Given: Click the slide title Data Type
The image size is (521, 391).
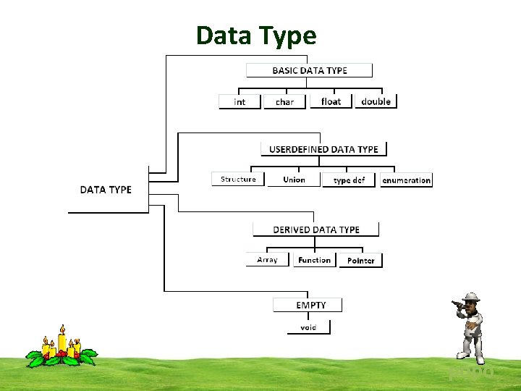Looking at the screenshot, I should click(x=256, y=35).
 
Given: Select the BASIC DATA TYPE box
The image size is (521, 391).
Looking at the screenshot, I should click(x=309, y=70).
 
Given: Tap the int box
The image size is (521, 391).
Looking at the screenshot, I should click(x=240, y=101).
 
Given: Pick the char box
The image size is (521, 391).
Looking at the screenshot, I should click(x=284, y=101).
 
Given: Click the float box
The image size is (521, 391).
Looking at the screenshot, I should click(x=331, y=101).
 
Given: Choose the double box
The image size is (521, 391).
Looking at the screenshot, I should click(x=376, y=101).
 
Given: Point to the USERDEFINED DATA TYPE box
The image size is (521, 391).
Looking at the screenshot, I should click(x=323, y=149).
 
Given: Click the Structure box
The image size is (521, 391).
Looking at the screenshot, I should click(x=238, y=179).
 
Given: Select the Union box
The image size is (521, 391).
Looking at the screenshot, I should click(x=294, y=180).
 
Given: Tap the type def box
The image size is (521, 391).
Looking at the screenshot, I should click(x=349, y=180).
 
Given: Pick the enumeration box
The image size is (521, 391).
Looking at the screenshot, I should click(x=406, y=180).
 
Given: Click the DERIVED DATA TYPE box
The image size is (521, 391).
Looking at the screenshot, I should click(x=315, y=230).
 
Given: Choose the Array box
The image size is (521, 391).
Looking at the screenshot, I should click(x=267, y=259).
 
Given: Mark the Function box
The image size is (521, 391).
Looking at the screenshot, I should click(x=314, y=260).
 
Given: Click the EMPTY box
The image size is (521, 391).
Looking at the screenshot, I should click(x=308, y=305).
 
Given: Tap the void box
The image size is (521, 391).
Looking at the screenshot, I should click(x=308, y=327).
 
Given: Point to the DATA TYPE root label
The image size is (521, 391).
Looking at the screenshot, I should click(x=106, y=190).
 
